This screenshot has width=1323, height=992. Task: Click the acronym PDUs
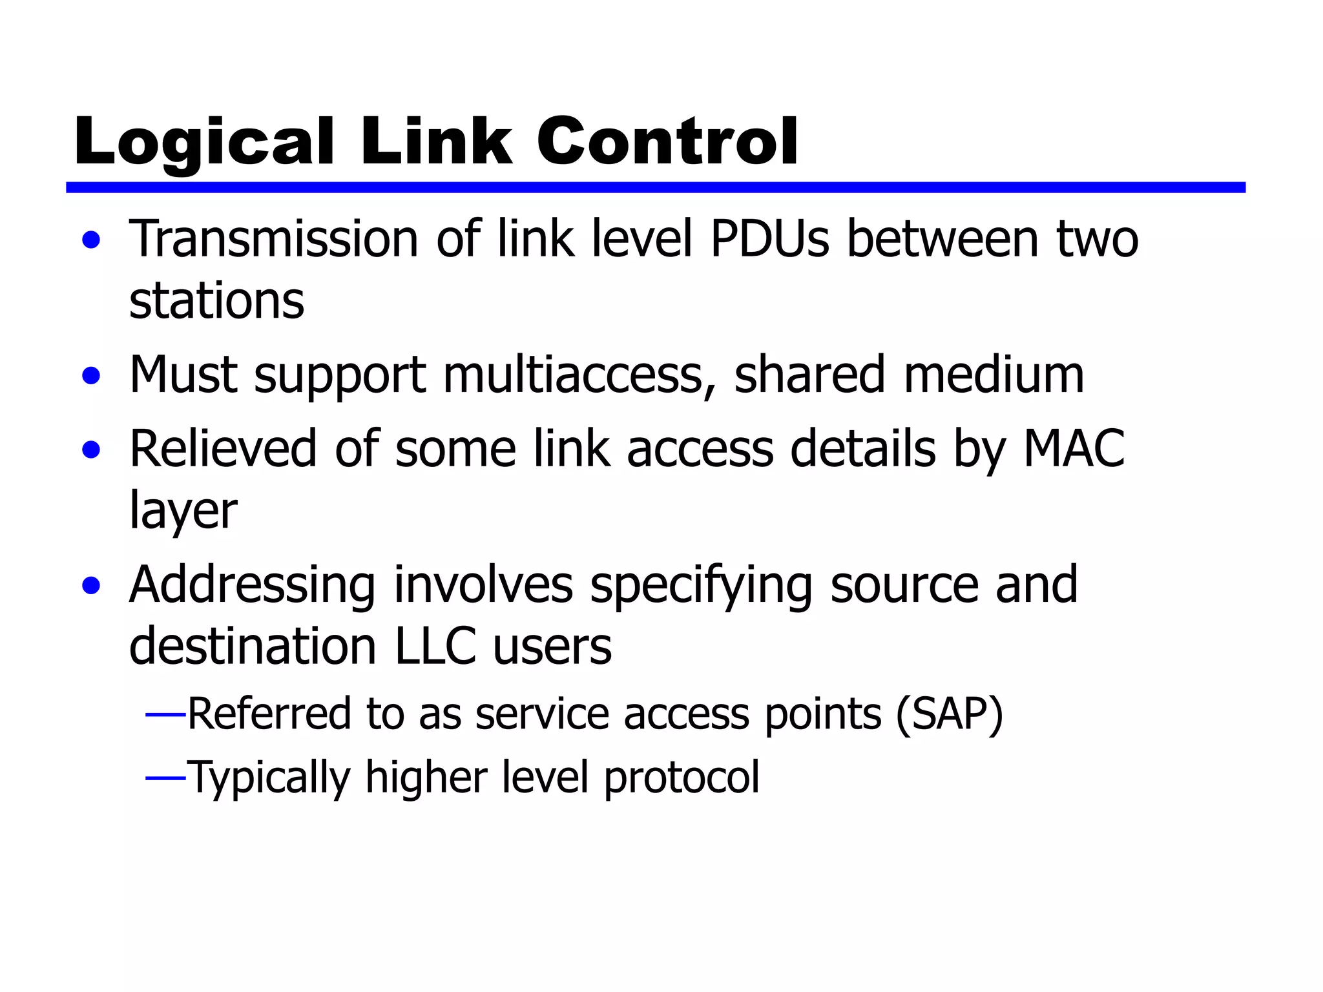[769, 239]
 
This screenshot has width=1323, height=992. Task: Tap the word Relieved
[223, 449]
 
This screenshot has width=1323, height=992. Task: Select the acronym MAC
[1074, 449]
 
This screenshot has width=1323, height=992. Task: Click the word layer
[183, 511]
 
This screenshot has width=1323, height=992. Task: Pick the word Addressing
[252, 585]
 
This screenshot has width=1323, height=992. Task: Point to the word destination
[253, 646]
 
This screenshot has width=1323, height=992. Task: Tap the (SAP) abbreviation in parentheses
[949, 714]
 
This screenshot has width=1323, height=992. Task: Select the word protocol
[682, 777]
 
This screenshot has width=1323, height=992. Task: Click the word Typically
[268, 777]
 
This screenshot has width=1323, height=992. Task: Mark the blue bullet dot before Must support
[92, 376]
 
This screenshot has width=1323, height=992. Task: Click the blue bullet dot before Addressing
[92, 586]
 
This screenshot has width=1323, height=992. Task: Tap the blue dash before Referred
[166, 714]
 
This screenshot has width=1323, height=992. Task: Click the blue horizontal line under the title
[655, 187]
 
